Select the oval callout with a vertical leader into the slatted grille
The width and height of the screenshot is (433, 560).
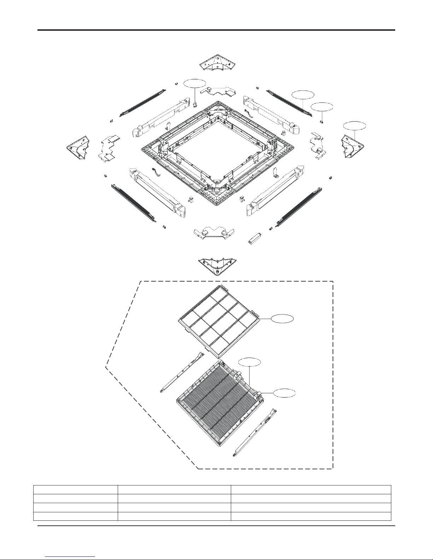click(249, 362)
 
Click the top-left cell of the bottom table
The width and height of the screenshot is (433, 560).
click(75, 489)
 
